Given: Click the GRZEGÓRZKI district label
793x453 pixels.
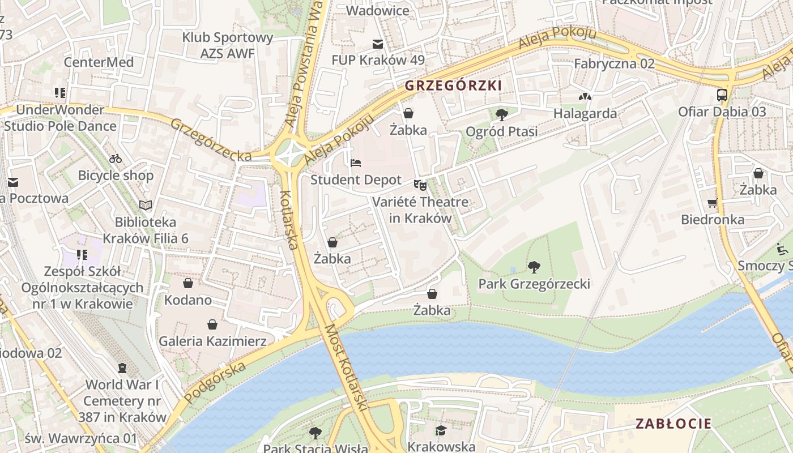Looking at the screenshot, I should [x=453, y=86].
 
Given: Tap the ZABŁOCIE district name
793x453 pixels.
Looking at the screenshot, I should [x=673, y=424].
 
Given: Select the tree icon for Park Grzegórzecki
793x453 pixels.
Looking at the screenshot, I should [x=534, y=267].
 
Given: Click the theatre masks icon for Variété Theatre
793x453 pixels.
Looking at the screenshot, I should [x=420, y=185].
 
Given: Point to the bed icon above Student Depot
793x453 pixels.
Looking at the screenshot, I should [x=356, y=163].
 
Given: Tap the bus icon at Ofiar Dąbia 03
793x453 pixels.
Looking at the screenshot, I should [x=722, y=95].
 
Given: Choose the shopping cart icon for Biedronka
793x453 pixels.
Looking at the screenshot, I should [x=712, y=202].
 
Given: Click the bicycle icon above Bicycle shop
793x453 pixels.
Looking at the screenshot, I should [x=116, y=159].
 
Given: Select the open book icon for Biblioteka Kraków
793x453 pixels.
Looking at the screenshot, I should [x=146, y=205].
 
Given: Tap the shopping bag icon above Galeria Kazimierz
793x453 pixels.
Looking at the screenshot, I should [x=212, y=324].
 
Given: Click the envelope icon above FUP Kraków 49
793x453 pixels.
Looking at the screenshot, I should [x=377, y=44].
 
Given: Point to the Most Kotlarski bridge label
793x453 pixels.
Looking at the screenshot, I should [x=346, y=368].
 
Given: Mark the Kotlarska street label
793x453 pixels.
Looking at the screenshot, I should [x=288, y=220].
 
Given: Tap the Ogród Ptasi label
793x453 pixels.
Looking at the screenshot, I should [x=501, y=131].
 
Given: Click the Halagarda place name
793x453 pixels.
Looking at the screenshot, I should [x=585, y=113].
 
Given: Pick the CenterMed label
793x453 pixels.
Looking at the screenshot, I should [x=99, y=62].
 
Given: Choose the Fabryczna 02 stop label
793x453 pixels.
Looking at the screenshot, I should [x=614, y=63].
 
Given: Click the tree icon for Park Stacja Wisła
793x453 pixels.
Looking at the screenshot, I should [x=316, y=433].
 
